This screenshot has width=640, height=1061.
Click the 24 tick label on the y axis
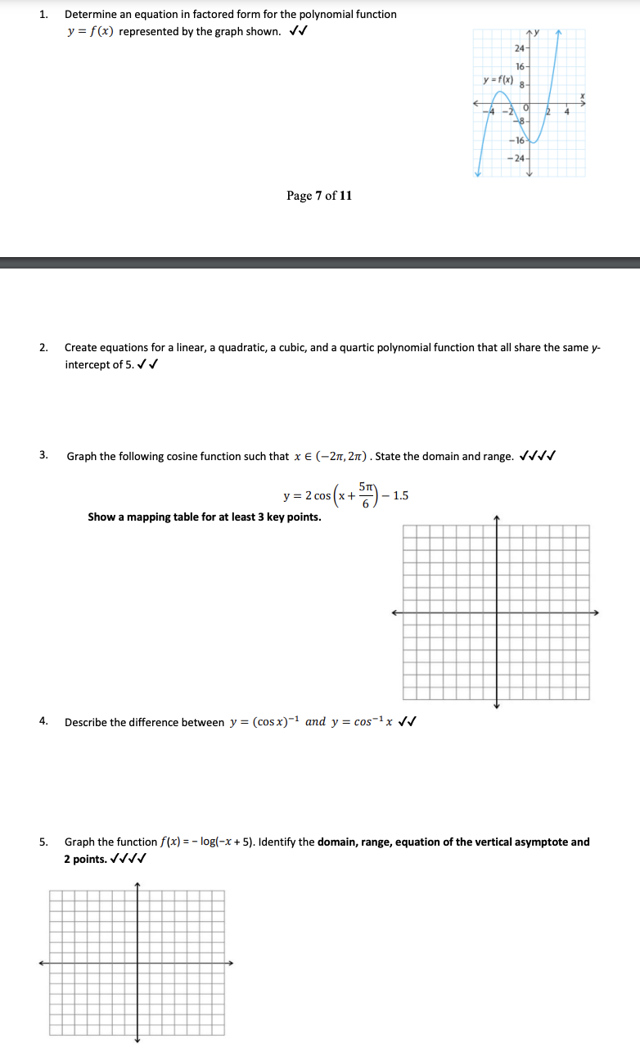click(519, 48)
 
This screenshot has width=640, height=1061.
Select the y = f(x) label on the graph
click(498, 79)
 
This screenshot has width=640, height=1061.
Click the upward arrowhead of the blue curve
click(558, 33)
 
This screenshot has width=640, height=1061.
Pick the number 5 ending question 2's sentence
click(128, 364)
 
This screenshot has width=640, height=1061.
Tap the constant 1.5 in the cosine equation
click(400, 495)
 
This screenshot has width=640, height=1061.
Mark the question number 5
click(43, 842)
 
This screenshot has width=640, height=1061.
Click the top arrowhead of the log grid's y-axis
click(137, 885)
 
